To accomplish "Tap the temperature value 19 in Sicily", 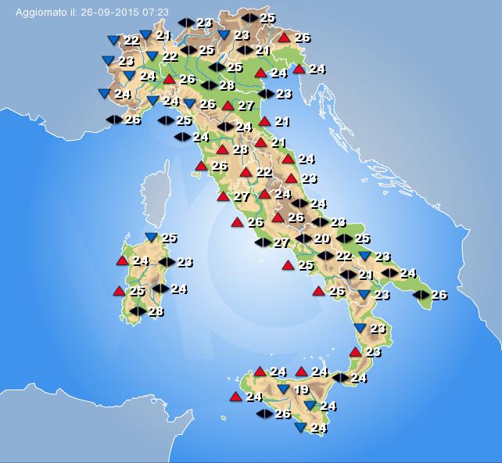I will coord(301,389).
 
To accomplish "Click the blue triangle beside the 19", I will coord(283,389).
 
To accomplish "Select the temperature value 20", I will coord(322,239).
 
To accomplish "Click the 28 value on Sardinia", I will coord(156,311).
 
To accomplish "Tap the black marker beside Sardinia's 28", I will coord(138,311).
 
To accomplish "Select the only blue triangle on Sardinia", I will coord(151,237).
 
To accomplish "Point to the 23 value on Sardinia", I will coord(185,262).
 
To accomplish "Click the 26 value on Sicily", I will coord(283,413).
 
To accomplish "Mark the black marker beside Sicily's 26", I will coord(265,413).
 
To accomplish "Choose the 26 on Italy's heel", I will coord(439,295).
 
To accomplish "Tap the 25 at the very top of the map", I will coord(267,17).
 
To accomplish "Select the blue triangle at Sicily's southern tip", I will coord(300,428).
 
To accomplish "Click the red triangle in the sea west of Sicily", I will coord(235,397).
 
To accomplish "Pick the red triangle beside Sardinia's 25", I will coord(119,291).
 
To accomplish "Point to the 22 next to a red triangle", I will coord(264,172).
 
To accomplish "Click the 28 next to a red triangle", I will coord(240,149).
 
